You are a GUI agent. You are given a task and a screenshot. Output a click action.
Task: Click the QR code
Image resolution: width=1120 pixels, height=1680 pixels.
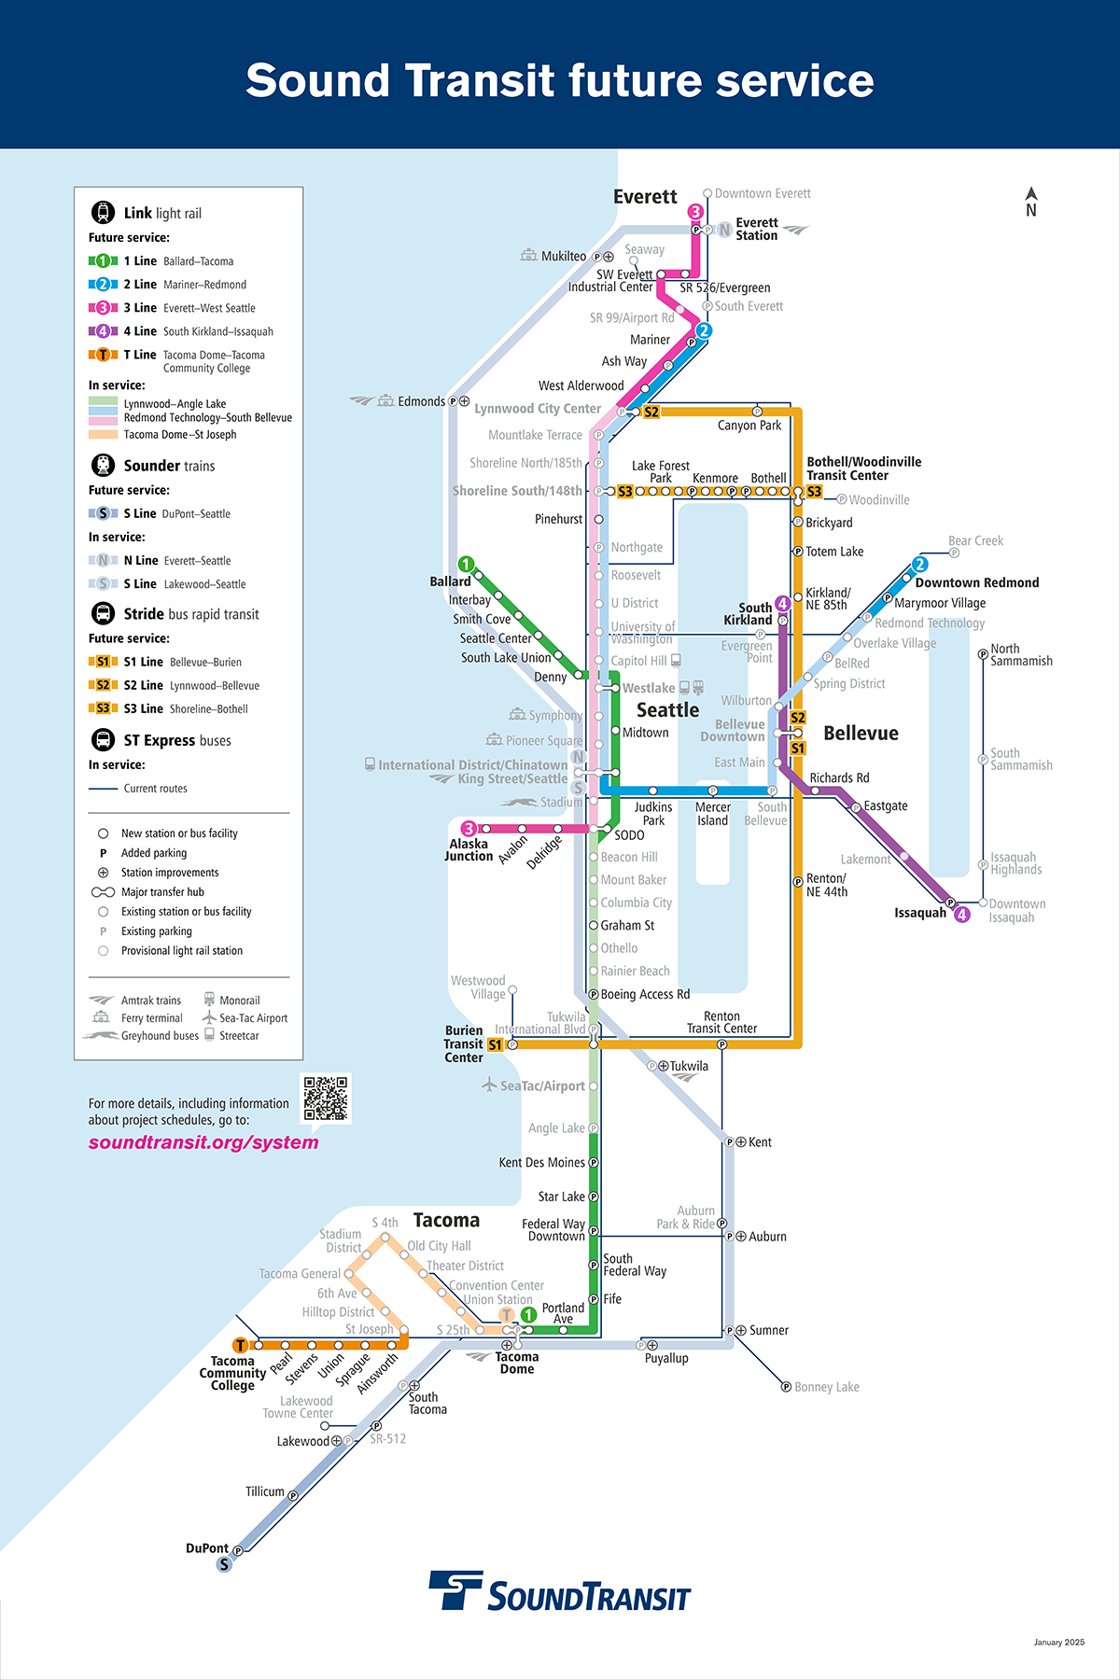[x=326, y=1098]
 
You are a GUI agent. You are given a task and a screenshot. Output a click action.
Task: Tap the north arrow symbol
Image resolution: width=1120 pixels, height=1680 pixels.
[x=1031, y=202]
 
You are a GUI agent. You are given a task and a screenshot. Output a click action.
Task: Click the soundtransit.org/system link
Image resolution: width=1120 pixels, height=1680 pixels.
[x=203, y=1142]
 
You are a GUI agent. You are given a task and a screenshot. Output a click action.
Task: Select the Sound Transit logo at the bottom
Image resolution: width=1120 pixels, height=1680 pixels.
[x=560, y=1592]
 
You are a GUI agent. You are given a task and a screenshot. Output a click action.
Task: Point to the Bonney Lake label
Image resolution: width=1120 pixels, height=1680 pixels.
[x=826, y=1387]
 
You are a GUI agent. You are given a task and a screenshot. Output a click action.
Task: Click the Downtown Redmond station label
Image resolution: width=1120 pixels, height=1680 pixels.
[x=976, y=582]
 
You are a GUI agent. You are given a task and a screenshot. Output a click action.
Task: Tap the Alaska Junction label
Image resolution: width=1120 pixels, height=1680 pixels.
[x=469, y=849]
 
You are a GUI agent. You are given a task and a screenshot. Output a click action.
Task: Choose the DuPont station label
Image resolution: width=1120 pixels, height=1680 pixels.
[x=206, y=1547]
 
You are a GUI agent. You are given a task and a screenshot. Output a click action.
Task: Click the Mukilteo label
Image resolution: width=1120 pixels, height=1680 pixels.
[x=564, y=256]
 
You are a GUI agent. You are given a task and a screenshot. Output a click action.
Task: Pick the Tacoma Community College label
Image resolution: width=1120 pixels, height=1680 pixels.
[x=232, y=1373]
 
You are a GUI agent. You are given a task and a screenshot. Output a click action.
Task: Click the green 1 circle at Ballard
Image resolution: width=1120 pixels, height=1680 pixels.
[x=466, y=564]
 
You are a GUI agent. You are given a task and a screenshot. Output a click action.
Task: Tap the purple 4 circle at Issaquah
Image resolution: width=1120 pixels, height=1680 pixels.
[x=962, y=915]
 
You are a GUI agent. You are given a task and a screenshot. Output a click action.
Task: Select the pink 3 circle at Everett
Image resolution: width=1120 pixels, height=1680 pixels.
[x=695, y=212]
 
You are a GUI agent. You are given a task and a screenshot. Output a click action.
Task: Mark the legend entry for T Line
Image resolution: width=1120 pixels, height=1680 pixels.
[x=140, y=355]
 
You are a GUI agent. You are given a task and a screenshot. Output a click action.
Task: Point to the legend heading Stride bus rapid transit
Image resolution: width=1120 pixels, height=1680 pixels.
[x=190, y=614]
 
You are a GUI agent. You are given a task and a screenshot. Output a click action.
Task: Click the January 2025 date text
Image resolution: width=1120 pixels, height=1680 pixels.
[x=1058, y=1642]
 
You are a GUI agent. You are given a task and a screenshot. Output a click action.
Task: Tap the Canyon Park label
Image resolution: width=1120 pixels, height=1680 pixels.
[x=749, y=426]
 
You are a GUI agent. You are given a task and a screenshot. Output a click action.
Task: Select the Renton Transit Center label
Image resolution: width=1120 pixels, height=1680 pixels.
[x=721, y=1022]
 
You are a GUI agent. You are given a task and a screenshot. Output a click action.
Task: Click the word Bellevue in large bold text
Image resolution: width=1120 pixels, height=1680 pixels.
[x=861, y=733]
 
